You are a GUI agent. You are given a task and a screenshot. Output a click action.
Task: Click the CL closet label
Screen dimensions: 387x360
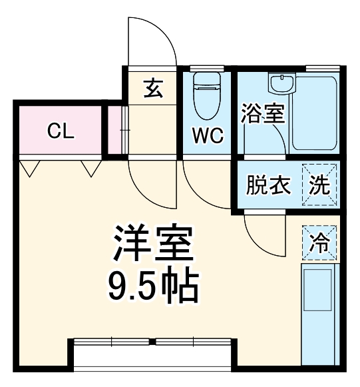click(60, 131)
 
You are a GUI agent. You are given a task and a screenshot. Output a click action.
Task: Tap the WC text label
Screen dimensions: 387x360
click(208, 135)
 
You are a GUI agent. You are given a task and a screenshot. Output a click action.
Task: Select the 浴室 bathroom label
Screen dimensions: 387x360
click(263, 113)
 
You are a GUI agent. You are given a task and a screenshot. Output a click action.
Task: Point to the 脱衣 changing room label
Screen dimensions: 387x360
click(269, 185)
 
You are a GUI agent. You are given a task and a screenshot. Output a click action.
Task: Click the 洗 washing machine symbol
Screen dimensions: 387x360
click(321, 185)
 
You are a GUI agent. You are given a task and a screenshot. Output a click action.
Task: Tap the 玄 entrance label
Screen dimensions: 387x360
click(152, 87)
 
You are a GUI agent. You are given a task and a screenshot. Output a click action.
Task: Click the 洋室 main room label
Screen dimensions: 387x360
click(153, 244)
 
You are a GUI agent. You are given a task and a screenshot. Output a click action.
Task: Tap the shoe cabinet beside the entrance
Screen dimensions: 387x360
click(115, 129)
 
